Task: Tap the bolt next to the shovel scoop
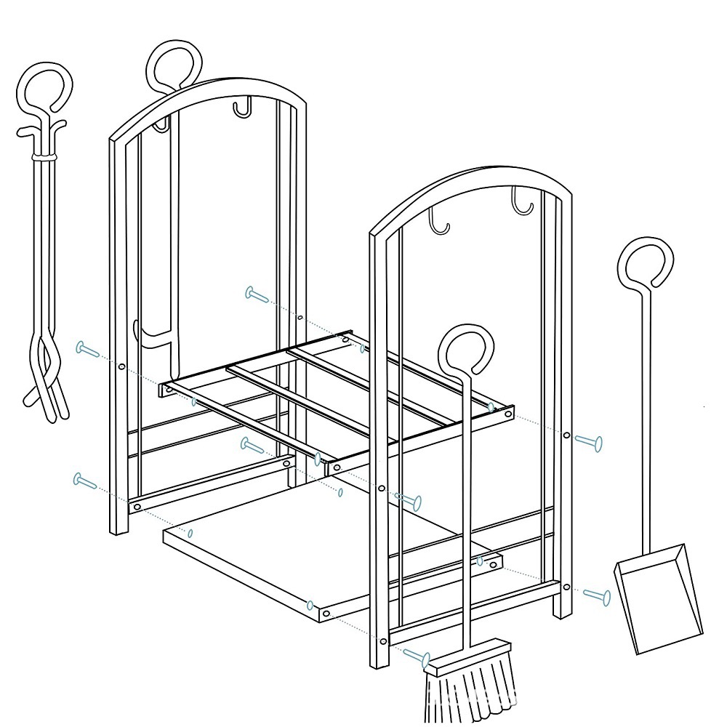pos(598,596)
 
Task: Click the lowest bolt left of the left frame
pos(85,481)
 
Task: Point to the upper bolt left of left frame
pos(88,350)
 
